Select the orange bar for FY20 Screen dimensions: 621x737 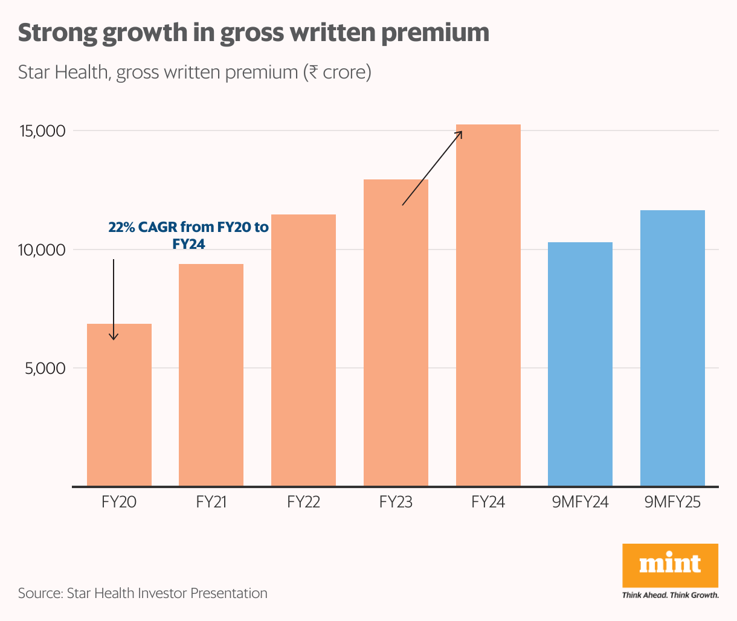click(x=119, y=405)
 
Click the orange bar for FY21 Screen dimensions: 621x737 click(x=211, y=375)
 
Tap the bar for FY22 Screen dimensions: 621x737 click(x=303, y=350)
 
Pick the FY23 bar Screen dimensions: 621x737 click(x=396, y=332)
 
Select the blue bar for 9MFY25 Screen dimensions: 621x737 click(x=672, y=348)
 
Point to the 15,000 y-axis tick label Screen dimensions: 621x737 click(x=43, y=131)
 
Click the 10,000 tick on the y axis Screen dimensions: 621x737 click(x=43, y=250)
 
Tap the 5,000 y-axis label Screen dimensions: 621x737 click(x=45, y=368)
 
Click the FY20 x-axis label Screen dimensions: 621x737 click(x=119, y=502)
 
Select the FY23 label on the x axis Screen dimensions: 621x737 click(x=396, y=502)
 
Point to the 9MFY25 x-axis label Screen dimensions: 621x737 click(x=672, y=502)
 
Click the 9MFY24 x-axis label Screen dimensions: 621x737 click(x=580, y=502)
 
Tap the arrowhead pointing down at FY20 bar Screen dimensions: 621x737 click(x=114, y=336)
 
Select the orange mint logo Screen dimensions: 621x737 click(x=670, y=565)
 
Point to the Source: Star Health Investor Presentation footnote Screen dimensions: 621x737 click(x=143, y=593)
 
